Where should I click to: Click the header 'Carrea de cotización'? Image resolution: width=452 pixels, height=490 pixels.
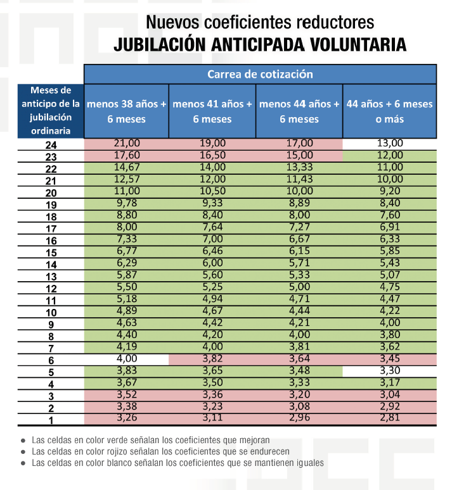(260, 74)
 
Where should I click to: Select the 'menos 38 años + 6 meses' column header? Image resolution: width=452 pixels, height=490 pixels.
(126, 111)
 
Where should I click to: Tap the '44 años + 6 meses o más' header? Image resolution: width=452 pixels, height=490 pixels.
(389, 111)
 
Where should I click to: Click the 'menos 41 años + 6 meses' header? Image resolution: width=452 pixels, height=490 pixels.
(212, 111)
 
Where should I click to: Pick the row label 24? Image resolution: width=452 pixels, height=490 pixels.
(52, 145)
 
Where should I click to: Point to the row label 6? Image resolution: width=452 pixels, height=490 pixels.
(52, 361)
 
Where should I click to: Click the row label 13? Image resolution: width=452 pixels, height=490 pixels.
(52, 277)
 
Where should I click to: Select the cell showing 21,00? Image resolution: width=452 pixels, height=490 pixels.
(126, 144)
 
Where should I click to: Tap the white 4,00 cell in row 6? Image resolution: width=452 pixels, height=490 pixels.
(126, 358)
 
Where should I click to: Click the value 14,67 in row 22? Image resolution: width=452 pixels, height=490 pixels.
(126, 167)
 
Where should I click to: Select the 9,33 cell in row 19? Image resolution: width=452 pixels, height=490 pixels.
(212, 203)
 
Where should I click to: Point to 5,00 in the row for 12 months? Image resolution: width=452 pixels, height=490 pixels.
(299, 287)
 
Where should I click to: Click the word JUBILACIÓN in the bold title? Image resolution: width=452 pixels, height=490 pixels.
(164, 45)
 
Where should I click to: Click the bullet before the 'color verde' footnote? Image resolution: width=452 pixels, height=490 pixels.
(23, 440)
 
